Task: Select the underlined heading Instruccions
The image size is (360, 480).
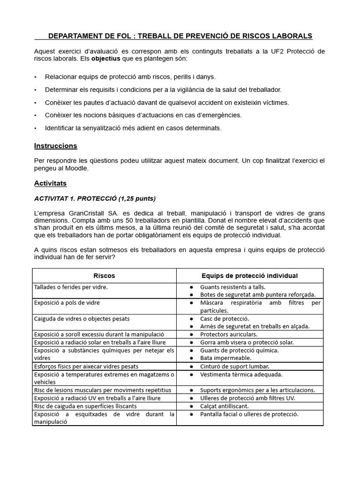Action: click(x=55, y=146)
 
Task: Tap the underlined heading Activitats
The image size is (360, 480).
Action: click(x=50, y=183)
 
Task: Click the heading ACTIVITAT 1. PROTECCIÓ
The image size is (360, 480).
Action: click(x=95, y=198)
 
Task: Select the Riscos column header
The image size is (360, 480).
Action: click(x=104, y=276)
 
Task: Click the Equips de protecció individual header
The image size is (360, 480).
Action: click(x=249, y=276)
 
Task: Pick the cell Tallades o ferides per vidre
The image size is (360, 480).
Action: click(x=67, y=286)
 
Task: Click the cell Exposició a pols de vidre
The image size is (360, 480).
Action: click(x=67, y=303)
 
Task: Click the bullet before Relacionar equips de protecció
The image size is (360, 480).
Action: click(x=36, y=77)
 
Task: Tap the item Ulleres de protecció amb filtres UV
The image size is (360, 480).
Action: click(x=247, y=398)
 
